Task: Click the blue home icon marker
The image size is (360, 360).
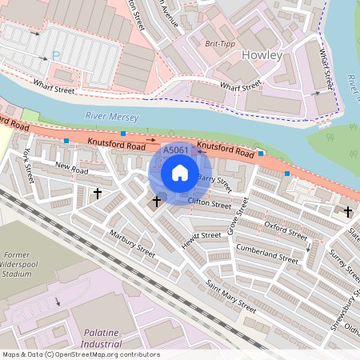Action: coord(180,172)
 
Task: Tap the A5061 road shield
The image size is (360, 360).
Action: coord(176,150)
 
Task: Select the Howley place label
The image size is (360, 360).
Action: coord(261,55)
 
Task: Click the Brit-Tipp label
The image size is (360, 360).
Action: coord(220,43)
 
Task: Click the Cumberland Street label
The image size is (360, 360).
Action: coord(266,252)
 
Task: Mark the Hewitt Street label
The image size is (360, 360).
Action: coord(200,236)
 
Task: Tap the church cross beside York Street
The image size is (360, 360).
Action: coord(98,193)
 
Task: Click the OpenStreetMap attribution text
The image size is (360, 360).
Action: coord(80,354)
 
